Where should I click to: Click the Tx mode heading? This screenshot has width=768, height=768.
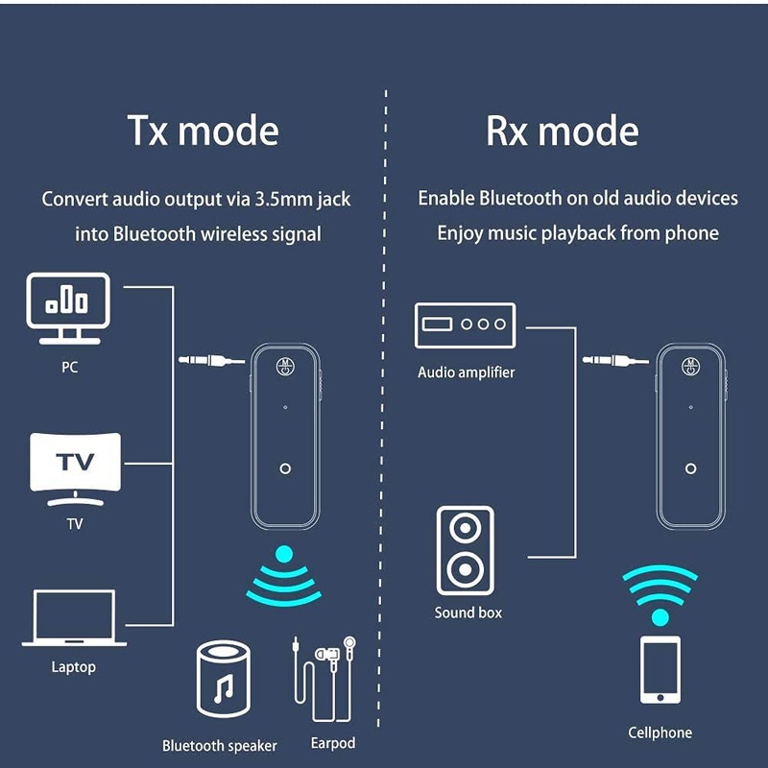(x=203, y=131)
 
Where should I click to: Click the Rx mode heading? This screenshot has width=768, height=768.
(x=562, y=131)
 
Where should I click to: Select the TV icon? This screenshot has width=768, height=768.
(x=76, y=468)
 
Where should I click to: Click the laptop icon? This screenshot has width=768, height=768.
(x=74, y=619)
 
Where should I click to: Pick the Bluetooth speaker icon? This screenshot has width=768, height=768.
(x=222, y=681)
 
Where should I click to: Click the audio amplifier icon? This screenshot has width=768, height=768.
(x=465, y=324)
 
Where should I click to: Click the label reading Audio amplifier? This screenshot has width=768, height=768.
(x=466, y=372)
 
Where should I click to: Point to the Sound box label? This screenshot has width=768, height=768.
(x=468, y=612)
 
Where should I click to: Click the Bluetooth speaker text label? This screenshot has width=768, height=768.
(x=219, y=746)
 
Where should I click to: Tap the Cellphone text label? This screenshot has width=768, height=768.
(x=660, y=732)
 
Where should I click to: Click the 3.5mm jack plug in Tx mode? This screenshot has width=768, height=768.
(x=211, y=361)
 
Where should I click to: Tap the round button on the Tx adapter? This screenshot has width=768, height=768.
(x=285, y=468)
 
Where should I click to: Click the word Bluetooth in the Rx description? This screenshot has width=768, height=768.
(x=520, y=199)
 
